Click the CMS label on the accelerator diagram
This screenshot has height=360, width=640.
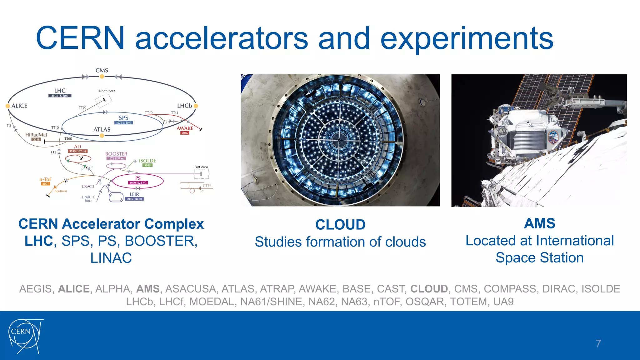tap(102, 70)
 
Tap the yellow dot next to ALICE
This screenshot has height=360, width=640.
tap(8, 106)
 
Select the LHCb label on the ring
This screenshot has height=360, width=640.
tap(184, 106)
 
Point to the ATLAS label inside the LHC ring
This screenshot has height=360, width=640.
tap(102, 129)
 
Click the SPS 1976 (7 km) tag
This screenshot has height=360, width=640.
tap(123, 123)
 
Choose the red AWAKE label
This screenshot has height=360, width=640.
tap(185, 128)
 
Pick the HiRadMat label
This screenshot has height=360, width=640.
tap(36, 135)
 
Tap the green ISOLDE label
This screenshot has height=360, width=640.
tap(147, 161)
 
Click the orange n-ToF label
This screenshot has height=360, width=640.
tap(45, 179)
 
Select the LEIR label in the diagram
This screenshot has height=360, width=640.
tap(134, 194)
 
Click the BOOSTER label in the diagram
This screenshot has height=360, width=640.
tap(116, 154)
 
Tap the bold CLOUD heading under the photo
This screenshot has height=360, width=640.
tap(340, 225)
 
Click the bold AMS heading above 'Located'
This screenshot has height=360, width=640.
tap(539, 223)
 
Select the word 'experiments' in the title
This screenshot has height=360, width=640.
tap(467, 38)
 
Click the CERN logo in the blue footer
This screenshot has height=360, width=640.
tap(25, 336)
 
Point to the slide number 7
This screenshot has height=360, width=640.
tap(598, 344)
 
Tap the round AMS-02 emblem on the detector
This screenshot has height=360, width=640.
tap(553, 137)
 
